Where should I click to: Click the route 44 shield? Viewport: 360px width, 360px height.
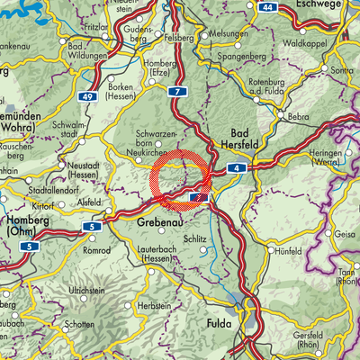[x=267, y=6]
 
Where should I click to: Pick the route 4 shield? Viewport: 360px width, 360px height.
[x=233, y=166]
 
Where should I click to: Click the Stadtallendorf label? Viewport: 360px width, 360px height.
[x=41, y=191]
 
